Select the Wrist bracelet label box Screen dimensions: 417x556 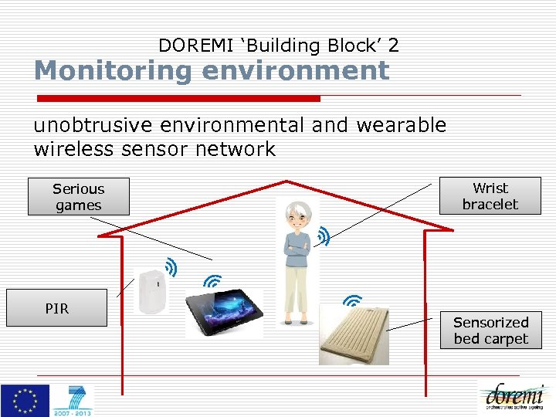pos(490,196)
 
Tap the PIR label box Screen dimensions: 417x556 pos(56,308)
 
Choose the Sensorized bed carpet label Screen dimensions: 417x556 pos(490,331)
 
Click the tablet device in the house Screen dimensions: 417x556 pos(224,313)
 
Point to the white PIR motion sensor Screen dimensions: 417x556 pos(151,291)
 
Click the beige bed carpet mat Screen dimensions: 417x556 pos(353,334)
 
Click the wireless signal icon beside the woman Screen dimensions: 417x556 pos(324,236)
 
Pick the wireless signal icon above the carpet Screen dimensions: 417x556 pos(352,300)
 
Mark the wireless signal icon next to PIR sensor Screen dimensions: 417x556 pos(171,267)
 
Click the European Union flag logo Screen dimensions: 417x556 pos(25,401)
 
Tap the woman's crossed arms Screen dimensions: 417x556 pos(297,248)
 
